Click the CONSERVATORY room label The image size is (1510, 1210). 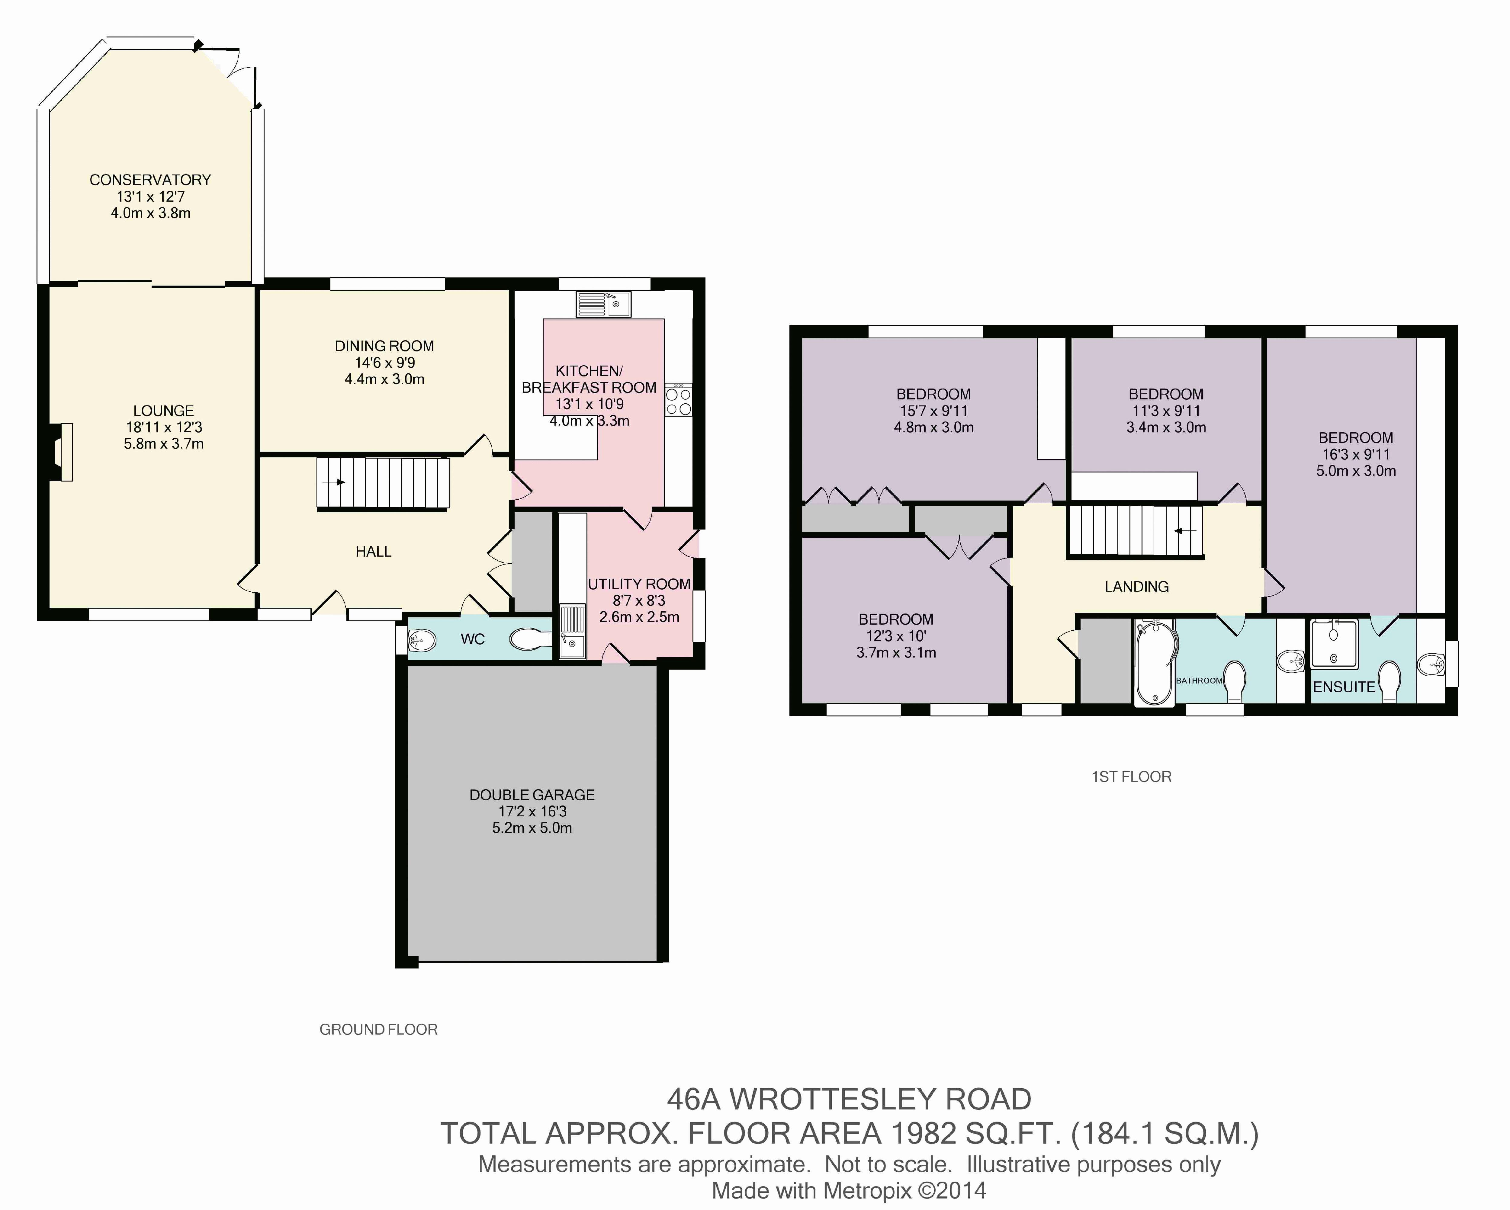[x=150, y=180]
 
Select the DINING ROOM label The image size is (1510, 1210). [x=384, y=346]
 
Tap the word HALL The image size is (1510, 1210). [x=373, y=552]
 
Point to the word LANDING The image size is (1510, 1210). [x=1137, y=587]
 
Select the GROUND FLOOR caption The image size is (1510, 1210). [x=378, y=1029]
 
